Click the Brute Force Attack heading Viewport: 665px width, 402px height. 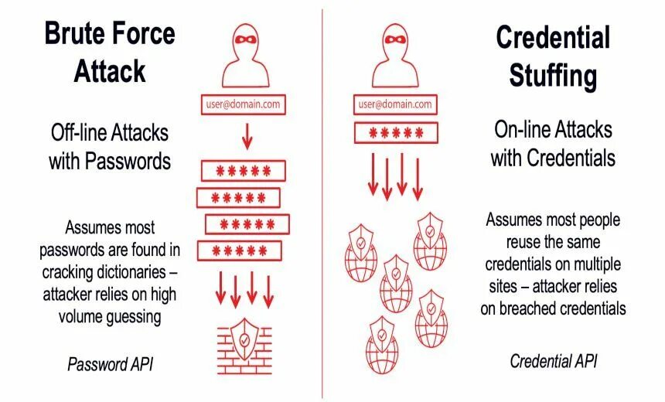coord(109,51)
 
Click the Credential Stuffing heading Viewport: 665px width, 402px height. coord(553,56)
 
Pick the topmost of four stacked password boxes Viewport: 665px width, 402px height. coord(243,170)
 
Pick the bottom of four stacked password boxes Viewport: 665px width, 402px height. coord(239,250)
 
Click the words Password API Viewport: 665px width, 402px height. coord(110,363)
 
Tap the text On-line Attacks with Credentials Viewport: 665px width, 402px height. coord(553,143)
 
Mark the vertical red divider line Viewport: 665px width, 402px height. coord(322,201)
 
